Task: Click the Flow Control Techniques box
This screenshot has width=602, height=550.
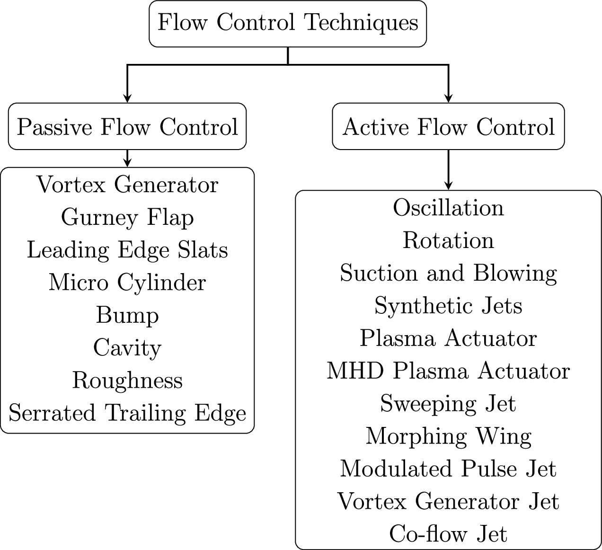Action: click(288, 23)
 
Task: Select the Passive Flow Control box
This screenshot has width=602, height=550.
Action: click(127, 127)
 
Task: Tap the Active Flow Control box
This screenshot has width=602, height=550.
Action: click(448, 127)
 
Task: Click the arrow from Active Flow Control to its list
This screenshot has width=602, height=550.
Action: click(448, 170)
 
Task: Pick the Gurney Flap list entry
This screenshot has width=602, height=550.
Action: click(127, 218)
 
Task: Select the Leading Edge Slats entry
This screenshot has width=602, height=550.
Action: click(127, 250)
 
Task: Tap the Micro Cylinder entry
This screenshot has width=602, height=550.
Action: click(127, 283)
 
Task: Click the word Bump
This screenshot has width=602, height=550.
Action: click(127, 315)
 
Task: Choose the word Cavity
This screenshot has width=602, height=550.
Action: click(127, 348)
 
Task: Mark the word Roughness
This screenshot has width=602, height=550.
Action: click(127, 381)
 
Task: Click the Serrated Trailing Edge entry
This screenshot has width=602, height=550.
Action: click(127, 413)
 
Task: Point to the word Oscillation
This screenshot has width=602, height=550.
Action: click(448, 208)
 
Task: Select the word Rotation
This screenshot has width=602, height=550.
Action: click(448, 240)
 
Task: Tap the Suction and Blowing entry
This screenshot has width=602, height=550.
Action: click(448, 274)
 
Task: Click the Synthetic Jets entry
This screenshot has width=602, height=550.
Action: click(448, 306)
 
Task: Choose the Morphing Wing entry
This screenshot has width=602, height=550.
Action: click(448, 436)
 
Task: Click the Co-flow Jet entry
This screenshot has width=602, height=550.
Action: click(448, 534)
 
